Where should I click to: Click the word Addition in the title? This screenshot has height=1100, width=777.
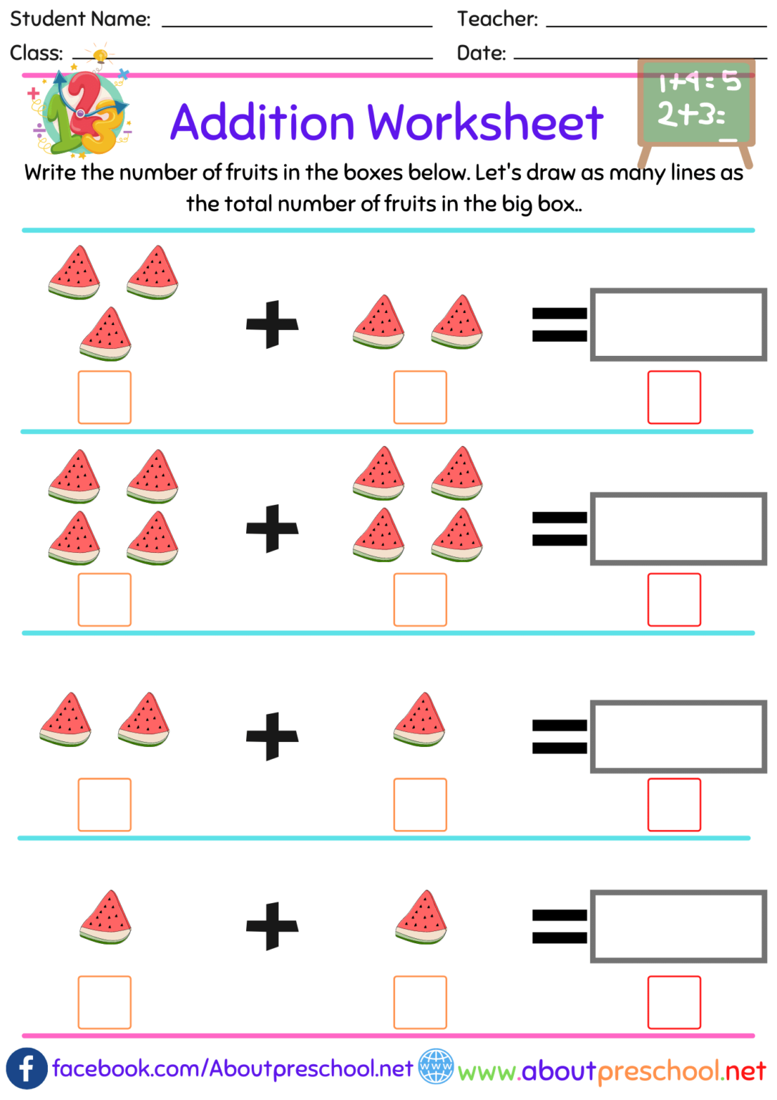pos(262,122)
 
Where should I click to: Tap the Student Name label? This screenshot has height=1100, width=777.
pos(80,19)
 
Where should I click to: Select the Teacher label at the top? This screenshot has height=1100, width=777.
pos(497,19)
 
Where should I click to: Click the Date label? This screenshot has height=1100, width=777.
pos(481,53)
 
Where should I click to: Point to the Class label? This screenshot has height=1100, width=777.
pos(36,53)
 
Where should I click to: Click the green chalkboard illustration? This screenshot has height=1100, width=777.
pos(696,104)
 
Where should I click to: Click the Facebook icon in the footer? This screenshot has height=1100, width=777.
pos(26,1068)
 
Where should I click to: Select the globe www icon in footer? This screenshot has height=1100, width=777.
pos(436,1067)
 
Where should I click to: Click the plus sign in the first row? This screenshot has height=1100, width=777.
pos(272,324)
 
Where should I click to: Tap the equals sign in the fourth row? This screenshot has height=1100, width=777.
pos(559,926)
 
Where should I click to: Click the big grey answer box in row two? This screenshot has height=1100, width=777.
pos(678,529)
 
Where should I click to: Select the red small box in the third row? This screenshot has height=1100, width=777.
pos(674,805)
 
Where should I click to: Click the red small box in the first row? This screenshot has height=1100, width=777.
pos(674,397)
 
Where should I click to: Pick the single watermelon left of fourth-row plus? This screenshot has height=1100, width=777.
pos(106,917)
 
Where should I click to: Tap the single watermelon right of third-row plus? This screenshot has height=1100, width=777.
pos(420,720)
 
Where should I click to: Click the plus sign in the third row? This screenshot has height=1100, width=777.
pos(272,736)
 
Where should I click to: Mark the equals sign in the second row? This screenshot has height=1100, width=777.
pos(559,529)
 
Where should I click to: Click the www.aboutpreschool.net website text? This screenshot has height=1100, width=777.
pos(612,1071)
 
